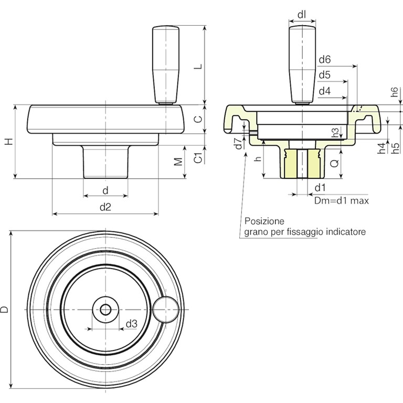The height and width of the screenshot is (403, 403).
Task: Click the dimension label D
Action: click(x=5, y=310)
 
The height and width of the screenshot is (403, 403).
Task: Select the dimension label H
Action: click(x=7, y=142)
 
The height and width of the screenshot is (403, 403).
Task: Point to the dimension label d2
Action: click(x=105, y=207)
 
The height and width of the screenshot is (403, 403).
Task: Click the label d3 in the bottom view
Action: click(x=131, y=324)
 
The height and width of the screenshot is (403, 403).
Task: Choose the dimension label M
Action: click(x=179, y=161)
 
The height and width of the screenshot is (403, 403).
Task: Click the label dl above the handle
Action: click(x=302, y=15)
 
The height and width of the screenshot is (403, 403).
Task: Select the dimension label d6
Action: click(x=325, y=60)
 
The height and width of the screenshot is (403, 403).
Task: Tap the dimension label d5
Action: click(x=325, y=75)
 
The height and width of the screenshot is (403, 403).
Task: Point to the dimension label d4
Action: click(x=325, y=91)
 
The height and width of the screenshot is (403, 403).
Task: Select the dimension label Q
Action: click(x=334, y=163)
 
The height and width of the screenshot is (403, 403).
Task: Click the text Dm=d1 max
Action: click(x=342, y=200)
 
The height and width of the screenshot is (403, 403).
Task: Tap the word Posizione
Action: click(x=264, y=221)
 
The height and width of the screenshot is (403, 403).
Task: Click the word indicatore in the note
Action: click(x=346, y=231)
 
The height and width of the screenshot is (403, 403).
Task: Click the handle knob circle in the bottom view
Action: click(x=167, y=309)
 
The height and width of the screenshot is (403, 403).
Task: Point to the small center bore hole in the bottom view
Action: click(x=105, y=310)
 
